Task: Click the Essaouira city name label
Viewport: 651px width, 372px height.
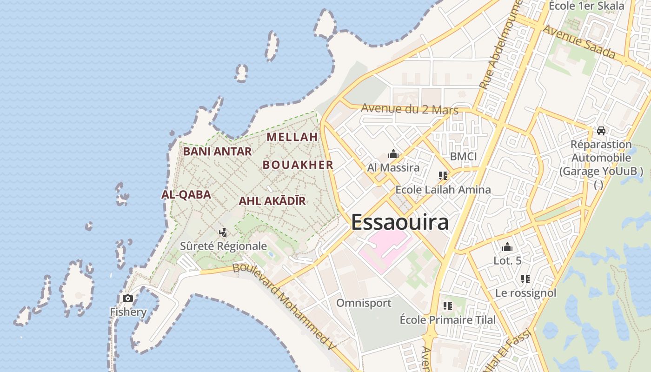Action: point(400,222)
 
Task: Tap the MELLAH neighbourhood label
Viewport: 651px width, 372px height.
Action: point(292,137)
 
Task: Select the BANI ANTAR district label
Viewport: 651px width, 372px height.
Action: point(217,151)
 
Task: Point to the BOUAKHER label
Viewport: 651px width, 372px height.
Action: point(298,165)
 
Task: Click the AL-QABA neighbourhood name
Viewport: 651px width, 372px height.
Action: point(186,194)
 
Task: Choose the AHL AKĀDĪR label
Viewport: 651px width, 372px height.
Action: point(272,201)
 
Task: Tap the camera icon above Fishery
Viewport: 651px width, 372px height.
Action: point(128,298)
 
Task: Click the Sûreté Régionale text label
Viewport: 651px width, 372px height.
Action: point(223,246)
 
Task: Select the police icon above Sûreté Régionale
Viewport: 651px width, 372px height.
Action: point(223,232)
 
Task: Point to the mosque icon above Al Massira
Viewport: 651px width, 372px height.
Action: point(393,154)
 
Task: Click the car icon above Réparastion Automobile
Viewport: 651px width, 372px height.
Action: point(601,131)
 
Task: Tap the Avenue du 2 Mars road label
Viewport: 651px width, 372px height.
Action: point(410,109)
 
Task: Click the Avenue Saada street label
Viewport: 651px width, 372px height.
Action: point(579,42)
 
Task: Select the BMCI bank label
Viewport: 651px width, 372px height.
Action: point(463,156)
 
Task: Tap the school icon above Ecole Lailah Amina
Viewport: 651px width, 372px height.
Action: point(443,176)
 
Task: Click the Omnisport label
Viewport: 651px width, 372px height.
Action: point(364,303)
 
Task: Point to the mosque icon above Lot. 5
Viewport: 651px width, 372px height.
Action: point(507,247)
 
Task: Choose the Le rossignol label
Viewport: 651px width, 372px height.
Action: point(525,293)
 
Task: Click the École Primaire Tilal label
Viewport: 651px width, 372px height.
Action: point(448,320)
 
